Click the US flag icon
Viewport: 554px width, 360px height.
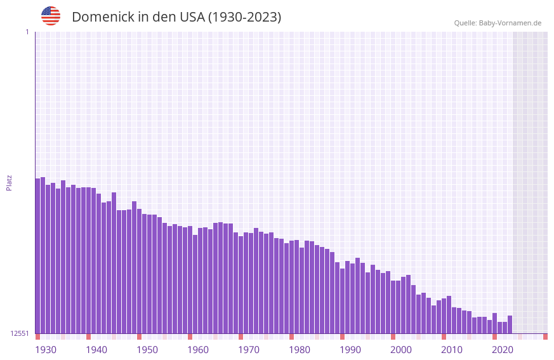pyautogui.click(x=51, y=16)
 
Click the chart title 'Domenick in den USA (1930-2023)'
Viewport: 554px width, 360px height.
pyautogui.click(x=176, y=17)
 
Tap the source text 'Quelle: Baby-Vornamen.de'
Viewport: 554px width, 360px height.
pyautogui.click(x=498, y=23)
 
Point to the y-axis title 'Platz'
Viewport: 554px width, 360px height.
pyautogui.click(x=9, y=182)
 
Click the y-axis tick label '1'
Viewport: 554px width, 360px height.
pyautogui.click(x=27, y=32)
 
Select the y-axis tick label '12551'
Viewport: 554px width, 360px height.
pyautogui.click(x=20, y=333)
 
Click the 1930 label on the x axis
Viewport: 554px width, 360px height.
pyautogui.click(x=46, y=350)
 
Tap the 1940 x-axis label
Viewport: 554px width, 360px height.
pyautogui.click(x=96, y=350)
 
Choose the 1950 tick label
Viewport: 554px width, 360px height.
pyautogui.click(x=147, y=350)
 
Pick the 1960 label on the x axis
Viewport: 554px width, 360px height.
pyautogui.click(x=198, y=350)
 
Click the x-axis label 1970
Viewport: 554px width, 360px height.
pyautogui.click(x=249, y=350)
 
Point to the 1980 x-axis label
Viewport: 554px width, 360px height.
pyautogui.click(x=300, y=350)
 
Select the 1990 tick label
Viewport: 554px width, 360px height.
pyautogui.click(x=350, y=350)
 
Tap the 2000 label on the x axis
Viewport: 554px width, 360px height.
pyautogui.click(x=401, y=350)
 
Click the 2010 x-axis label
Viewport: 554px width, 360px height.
pyautogui.click(x=452, y=350)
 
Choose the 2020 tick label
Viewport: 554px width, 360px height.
pyautogui.click(x=503, y=350)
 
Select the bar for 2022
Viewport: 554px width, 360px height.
pyautogui.click(x=510, y=324)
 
